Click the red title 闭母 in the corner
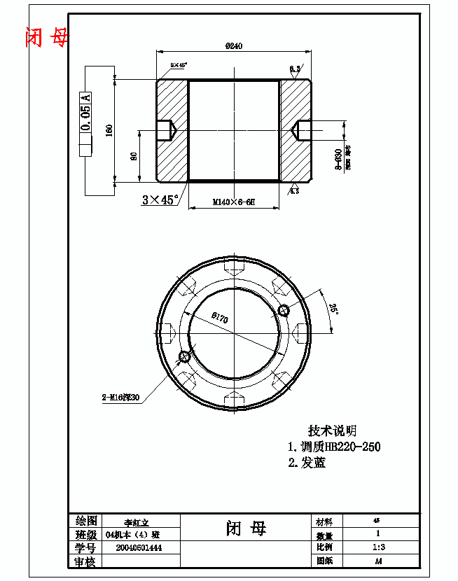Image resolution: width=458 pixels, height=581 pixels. point(47,36)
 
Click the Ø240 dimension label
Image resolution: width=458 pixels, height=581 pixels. point(234,46)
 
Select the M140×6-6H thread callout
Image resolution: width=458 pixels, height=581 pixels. point(234,202)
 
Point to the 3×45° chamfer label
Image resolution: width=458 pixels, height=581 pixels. point(158,199)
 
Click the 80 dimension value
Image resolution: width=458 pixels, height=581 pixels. point(134,156)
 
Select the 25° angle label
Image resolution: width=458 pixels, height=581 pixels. point(334,309)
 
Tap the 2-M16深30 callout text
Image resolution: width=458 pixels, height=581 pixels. point(121,398)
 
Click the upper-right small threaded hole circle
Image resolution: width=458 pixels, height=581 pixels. point(283,310)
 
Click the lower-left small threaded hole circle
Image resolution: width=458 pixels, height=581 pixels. point(185,357)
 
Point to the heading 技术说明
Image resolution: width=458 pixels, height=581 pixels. point(333,430)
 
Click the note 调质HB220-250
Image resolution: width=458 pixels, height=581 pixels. point(335,447)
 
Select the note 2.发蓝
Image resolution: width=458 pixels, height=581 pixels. point(307,463)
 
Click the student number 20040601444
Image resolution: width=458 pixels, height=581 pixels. point(139,547)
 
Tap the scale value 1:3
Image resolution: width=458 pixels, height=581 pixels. point(378,547)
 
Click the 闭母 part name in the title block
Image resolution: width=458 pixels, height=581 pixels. point(246,528)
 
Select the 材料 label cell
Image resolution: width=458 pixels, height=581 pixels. point(324,522)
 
